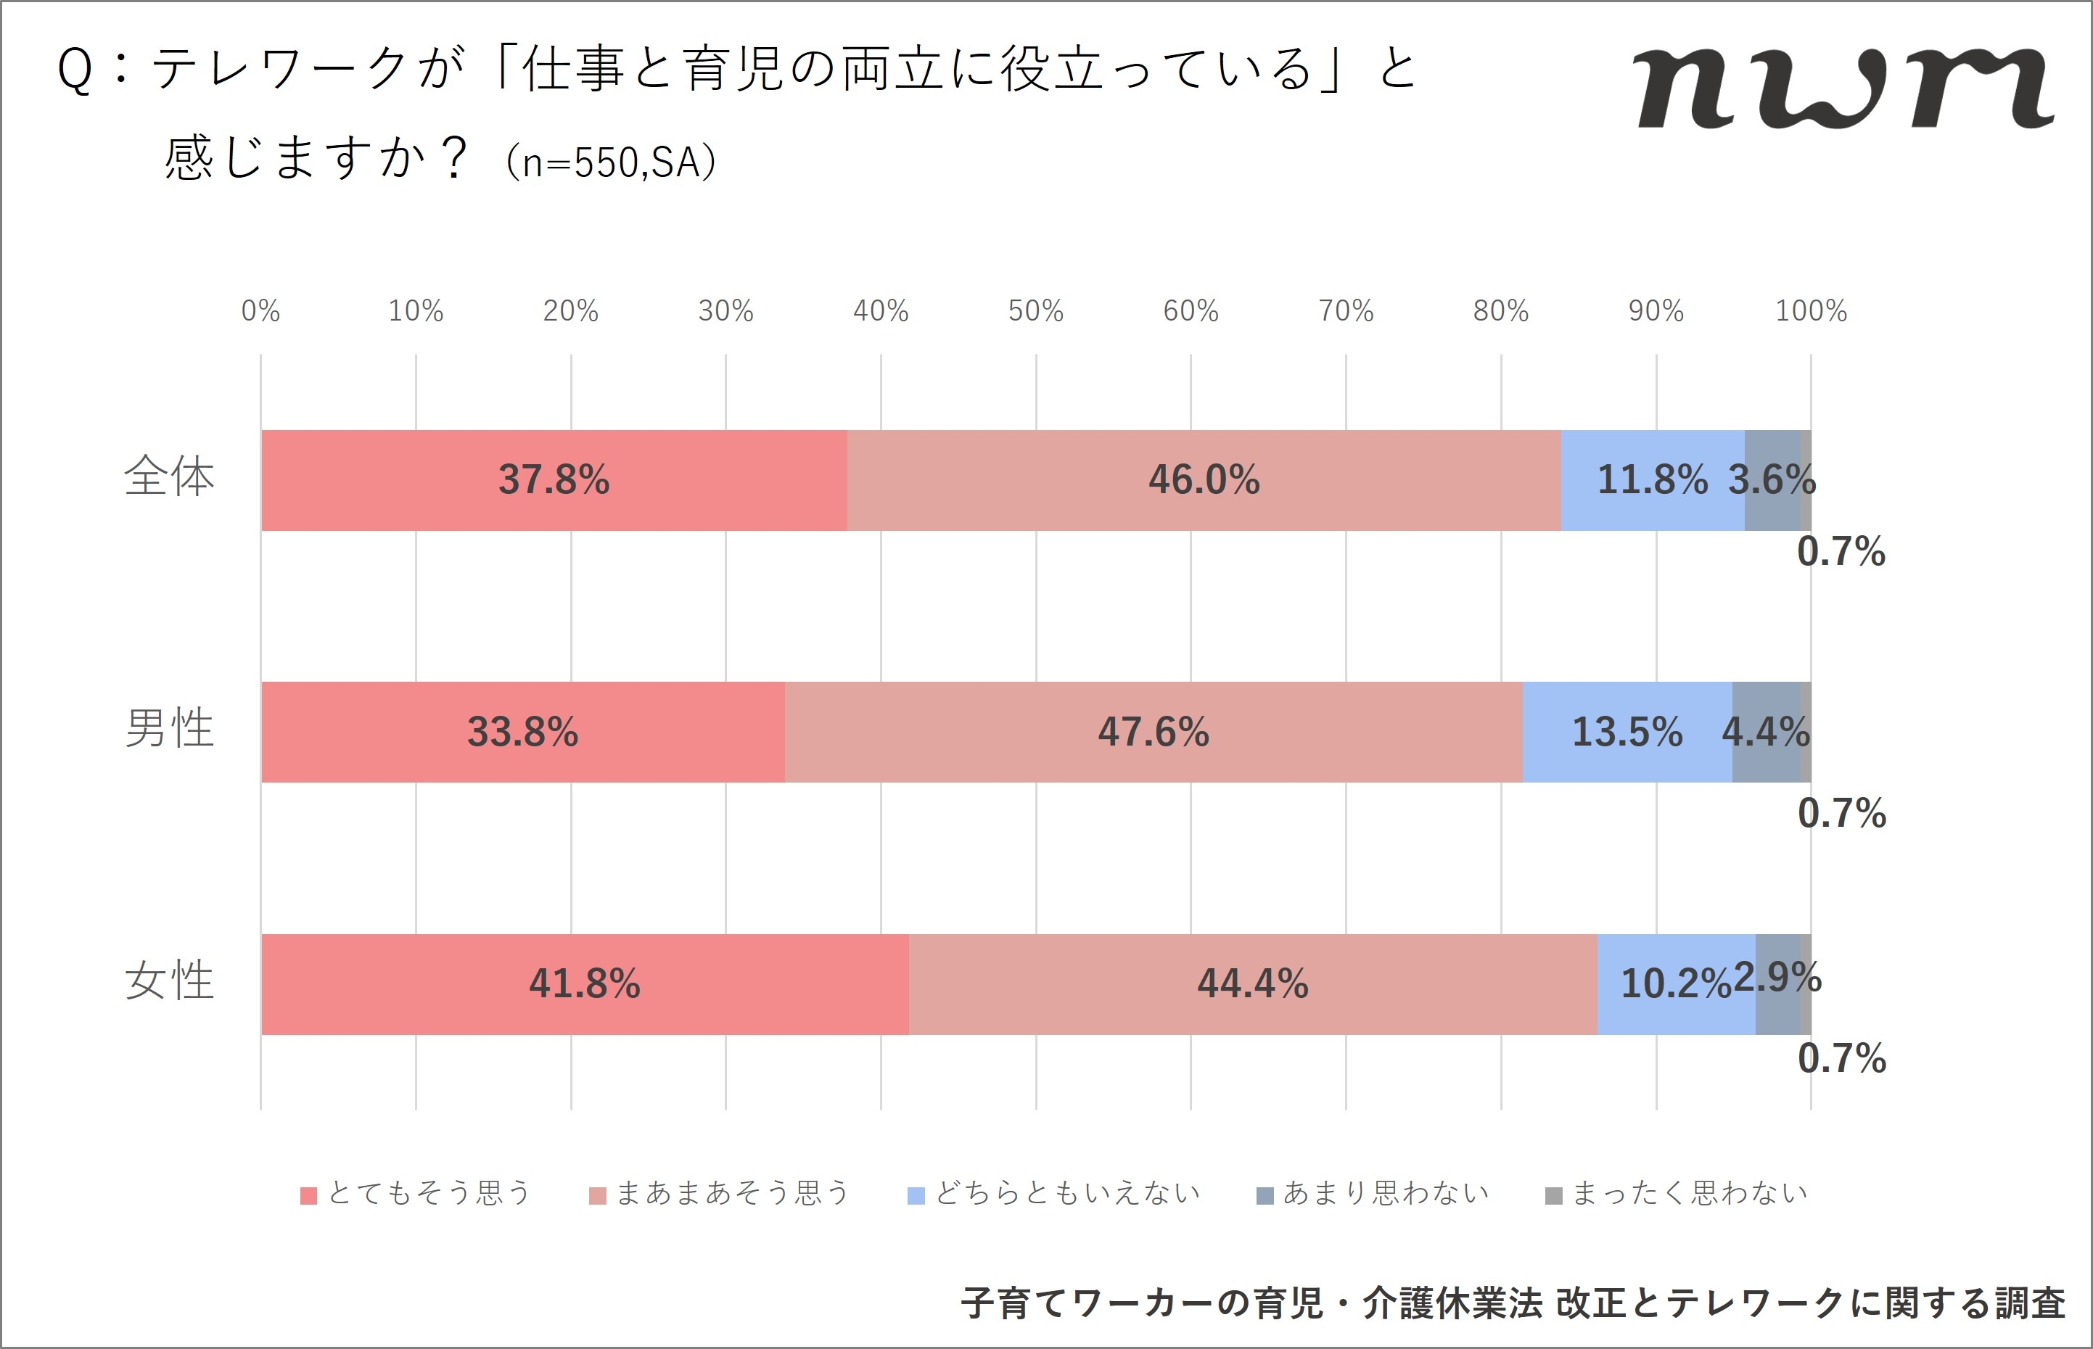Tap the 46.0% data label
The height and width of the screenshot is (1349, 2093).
tap(1204, 480)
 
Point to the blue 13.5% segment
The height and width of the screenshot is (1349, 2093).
tap(1627, 733)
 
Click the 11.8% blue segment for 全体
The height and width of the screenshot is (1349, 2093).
tap(1653, 480)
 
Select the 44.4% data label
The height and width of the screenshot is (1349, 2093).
tap(1253, 983)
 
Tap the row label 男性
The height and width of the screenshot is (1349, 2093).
tap(169, 729)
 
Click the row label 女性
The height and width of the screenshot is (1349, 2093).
tap(169, 981)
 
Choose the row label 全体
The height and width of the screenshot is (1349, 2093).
tap(169, 477)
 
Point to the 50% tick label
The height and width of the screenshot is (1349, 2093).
tap(1035, 311)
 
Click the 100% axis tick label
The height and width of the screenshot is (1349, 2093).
tap(1810, 311)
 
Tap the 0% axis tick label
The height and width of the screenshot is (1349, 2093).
tap(260, 311)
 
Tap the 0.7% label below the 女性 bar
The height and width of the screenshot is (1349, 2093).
tap(1841, 1059)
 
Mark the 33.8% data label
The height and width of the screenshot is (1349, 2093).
tap(522, 733)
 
